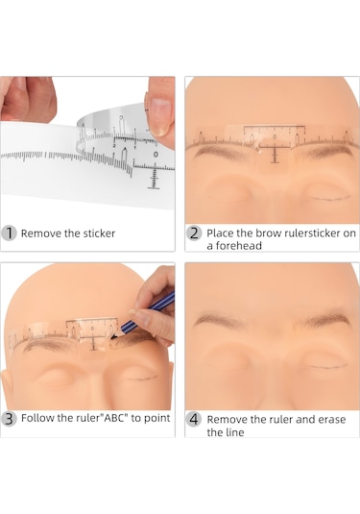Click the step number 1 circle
pos(10,233)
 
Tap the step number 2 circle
pos(194,233)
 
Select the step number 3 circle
pos(10,419)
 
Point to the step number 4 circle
pos(194,419)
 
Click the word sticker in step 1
pos(99,233)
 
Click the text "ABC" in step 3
pos(112,418)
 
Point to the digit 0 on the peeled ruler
pos(156,154)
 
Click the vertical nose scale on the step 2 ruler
pos(275,156)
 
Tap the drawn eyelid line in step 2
pos(328,198)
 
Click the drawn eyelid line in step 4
pos(326,365)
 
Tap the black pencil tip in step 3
pos(113,336)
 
